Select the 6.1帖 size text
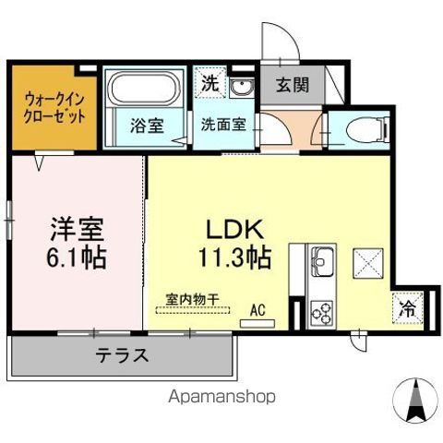[77, 256]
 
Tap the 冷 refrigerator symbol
[406, 309]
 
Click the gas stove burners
[322, 311]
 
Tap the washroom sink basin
[242, 89]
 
